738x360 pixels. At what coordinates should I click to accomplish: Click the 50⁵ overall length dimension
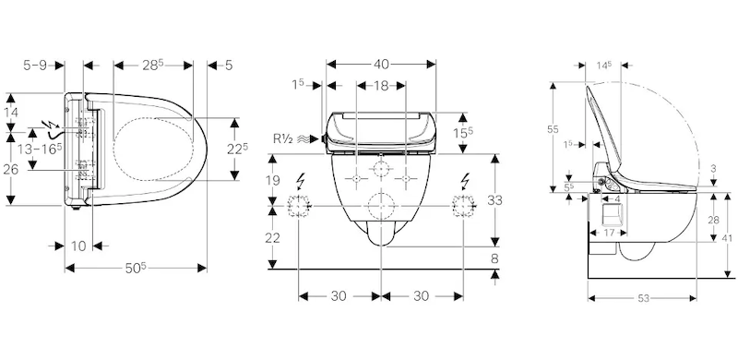click(136, 268)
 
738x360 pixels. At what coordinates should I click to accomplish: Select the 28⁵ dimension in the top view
click(153, 65)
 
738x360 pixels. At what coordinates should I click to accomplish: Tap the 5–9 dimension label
click(35, 65)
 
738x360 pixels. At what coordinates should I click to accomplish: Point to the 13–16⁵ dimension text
click(39, 150)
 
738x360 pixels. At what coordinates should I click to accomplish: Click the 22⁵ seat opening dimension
click(237, 149)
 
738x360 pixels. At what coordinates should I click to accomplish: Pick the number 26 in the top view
click(10, 169)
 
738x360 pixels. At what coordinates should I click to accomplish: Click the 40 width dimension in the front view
click(381, 64)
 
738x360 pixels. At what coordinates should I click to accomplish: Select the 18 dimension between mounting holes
click(381, 85)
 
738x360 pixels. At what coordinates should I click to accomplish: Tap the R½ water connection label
click(283, 138)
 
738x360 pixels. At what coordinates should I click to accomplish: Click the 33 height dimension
click(494, 200)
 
